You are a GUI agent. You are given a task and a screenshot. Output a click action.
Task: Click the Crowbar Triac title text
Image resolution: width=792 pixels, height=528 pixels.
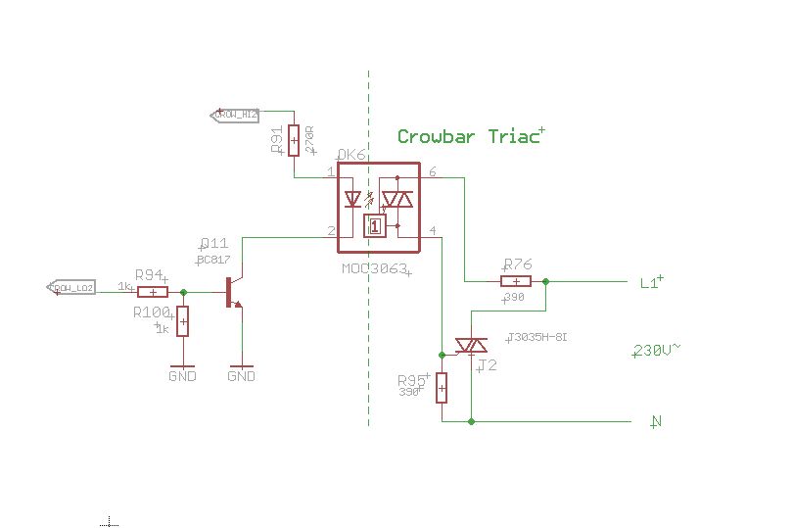click(468, 137)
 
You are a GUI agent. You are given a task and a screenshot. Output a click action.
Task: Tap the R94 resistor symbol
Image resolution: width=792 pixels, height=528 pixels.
click(152, 292)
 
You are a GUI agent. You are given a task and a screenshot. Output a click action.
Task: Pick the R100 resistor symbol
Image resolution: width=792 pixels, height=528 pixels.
click(182, 321)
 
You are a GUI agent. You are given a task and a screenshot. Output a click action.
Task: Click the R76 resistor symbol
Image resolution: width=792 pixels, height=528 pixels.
click(516, 281)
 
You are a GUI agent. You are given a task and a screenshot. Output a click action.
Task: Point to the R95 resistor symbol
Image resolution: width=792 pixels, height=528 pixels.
click(442, 388)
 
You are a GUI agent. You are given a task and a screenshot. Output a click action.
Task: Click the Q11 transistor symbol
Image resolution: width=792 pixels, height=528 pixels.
click(233, 292)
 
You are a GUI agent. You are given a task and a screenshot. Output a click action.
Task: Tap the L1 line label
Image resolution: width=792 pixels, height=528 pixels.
click(650, 283)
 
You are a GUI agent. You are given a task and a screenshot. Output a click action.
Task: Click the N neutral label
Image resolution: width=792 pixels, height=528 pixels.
click(656, 422)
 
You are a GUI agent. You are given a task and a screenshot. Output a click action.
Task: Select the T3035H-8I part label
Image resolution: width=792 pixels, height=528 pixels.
click(537, 337)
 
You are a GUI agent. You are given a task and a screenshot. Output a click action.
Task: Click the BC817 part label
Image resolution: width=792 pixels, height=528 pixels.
click(213, 260)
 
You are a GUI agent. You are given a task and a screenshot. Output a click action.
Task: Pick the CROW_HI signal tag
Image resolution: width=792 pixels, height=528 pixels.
click(235, 115)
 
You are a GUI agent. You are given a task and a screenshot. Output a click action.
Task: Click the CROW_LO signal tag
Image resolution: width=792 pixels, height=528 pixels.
click(71, 288)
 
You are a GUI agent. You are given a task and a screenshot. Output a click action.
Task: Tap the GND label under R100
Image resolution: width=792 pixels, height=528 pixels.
click(182, 376)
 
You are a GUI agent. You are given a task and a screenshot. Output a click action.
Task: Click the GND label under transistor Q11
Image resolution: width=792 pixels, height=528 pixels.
click(241, 376)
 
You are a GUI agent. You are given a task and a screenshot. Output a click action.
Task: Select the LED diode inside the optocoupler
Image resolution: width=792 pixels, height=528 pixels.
click(353, 199)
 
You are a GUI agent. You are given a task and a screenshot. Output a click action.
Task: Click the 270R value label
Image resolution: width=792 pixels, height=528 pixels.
click(310, 139)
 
